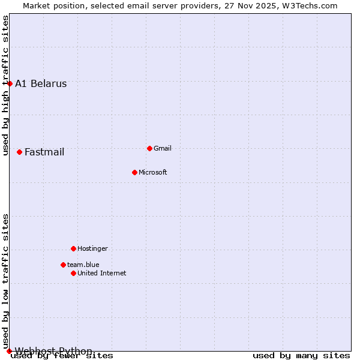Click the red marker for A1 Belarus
point(10,83)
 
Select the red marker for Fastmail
point(20,152)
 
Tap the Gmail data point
point(149,148)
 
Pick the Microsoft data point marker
point(134,172)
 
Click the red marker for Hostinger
point(73,248)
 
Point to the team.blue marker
point(63,265)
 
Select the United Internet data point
point(73,273)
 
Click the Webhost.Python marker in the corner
point(9,351)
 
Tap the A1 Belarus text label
point(41,84)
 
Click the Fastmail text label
point(44,152)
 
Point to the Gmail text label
point(163,148)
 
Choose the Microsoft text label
point(153,172)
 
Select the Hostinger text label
point(92,248)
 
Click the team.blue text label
point(83,265)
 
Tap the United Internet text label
point(102,273)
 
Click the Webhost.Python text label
point(53,351)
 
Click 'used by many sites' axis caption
point(301,356)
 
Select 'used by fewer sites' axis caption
point(62,356)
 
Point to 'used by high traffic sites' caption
point(6,85)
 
